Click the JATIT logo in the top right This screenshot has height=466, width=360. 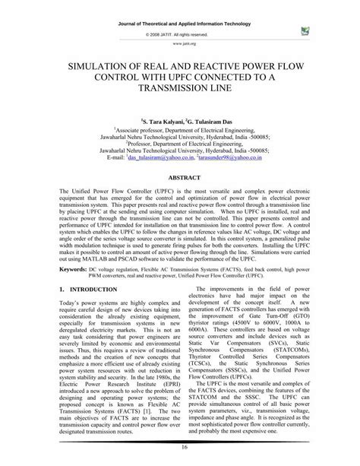305,31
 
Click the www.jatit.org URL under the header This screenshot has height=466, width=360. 180,44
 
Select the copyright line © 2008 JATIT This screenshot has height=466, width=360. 180,35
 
